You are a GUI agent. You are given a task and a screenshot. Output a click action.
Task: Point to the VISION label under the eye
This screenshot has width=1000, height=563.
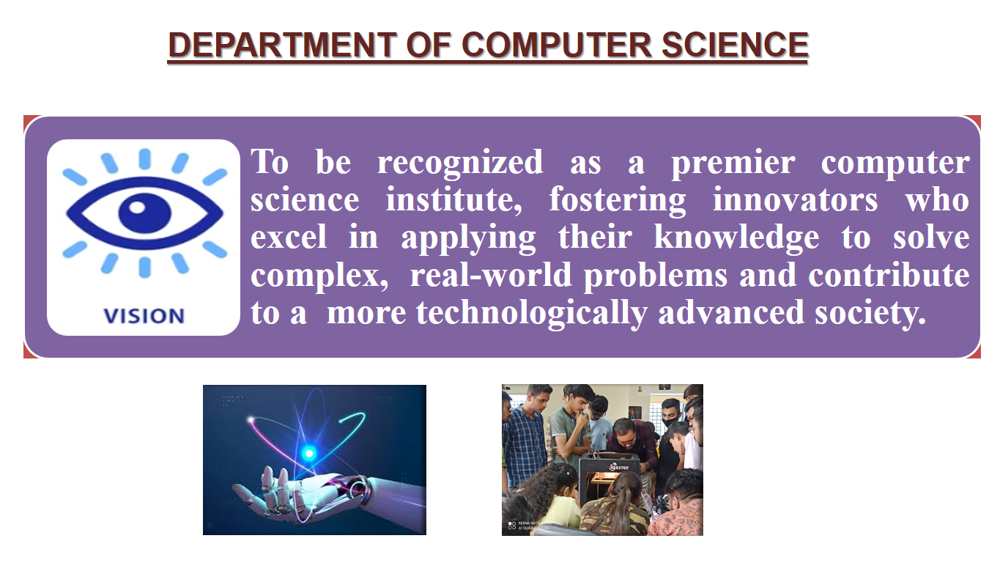coord(144,316)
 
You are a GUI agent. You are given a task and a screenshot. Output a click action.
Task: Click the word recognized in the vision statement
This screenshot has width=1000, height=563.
coord(460,162)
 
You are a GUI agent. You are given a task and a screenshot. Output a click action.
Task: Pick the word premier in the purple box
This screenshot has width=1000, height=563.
coord(733,162)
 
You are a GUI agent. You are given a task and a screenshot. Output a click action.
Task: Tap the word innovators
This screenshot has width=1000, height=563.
coord(795,199)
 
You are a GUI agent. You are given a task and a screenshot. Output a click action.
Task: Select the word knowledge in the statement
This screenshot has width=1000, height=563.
coord(736,238)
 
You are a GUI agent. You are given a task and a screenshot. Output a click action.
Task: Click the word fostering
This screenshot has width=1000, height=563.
coord(617,199)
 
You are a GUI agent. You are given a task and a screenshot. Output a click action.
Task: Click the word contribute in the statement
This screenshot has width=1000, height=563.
coord(889,276)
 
